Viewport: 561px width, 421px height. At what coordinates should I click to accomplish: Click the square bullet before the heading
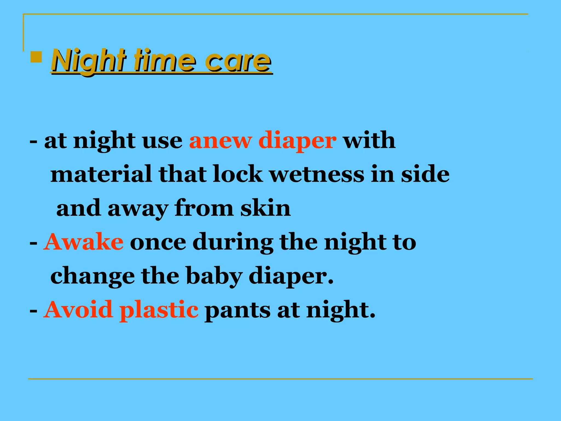[x=36, y=57]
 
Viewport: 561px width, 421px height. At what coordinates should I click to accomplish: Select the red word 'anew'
[x=220, y=141]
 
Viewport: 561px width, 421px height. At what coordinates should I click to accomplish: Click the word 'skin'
[x=265, y=208]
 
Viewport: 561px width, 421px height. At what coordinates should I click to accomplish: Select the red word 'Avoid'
[x=78, y=310]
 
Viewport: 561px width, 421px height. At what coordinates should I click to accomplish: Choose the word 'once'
[x=158, y=242]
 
